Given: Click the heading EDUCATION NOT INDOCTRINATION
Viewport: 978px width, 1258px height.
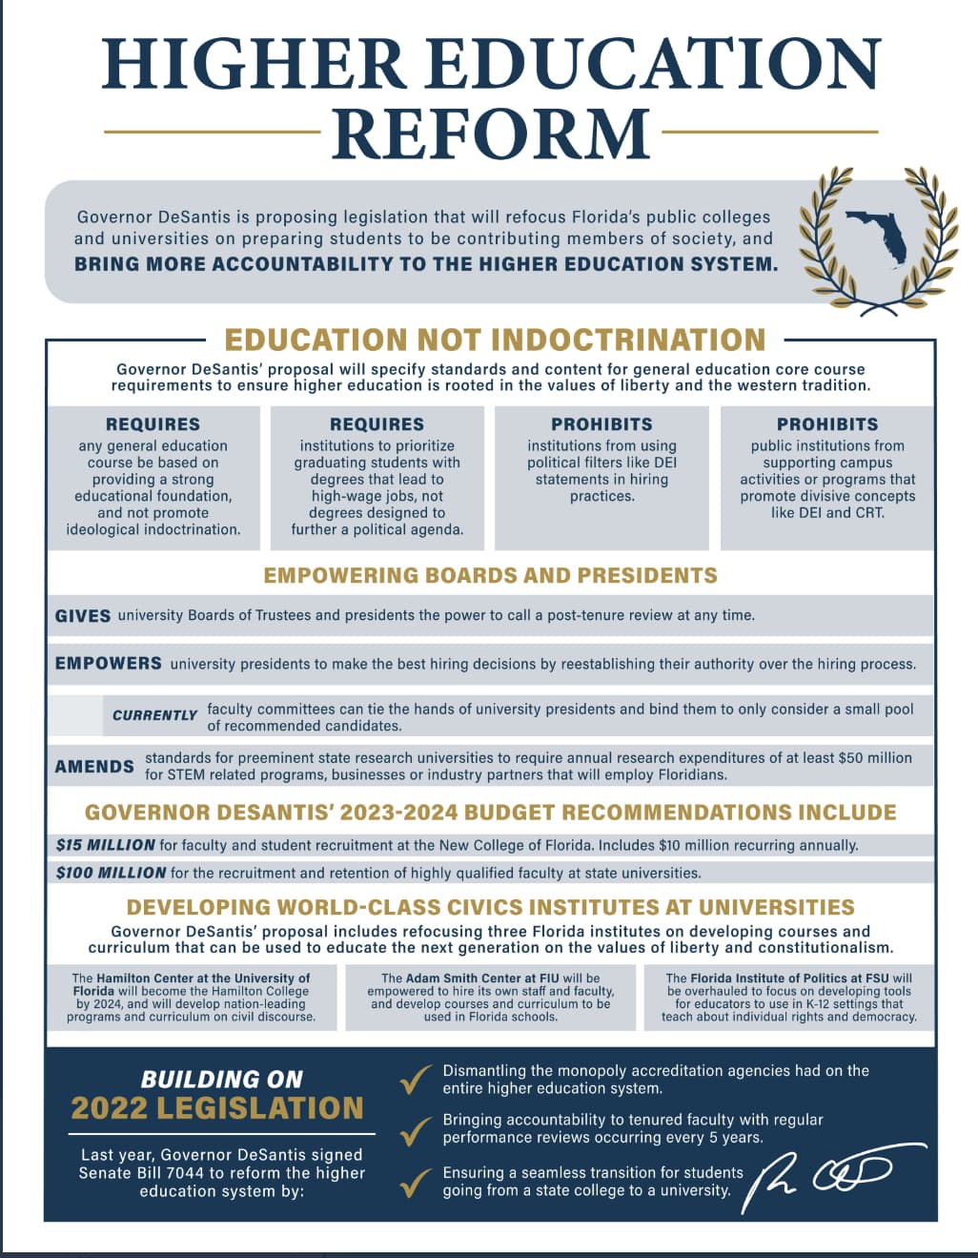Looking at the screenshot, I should click(x=495, y=340).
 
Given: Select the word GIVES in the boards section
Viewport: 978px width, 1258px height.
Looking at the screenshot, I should click(x=83, y=616).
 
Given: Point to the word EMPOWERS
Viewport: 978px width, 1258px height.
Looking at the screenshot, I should click(x=108, y=663).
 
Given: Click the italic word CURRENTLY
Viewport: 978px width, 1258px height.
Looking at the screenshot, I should click(x=154, y=715).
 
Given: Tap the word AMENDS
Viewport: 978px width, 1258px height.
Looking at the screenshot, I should click(x=94, y=766).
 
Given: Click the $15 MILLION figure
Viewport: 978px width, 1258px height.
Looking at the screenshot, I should click(x=105, y=845).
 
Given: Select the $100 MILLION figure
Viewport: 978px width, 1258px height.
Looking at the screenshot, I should click(x=111, y=873).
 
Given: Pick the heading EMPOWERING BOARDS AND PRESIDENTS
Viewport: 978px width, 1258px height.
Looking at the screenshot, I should click(x=490, y=575).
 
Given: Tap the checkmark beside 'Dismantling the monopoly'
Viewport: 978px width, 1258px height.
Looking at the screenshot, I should click(x=415, y=1081).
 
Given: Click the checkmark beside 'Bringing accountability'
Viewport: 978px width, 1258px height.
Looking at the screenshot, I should click(x=415, y=1131).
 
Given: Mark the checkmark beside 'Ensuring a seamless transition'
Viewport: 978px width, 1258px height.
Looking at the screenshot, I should click(x=415, y=1184).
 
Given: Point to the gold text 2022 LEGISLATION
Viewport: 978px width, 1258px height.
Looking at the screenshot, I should click(x=217, y=1107).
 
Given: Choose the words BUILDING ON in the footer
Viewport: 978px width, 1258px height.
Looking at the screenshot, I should click(x=221, y=1079).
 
